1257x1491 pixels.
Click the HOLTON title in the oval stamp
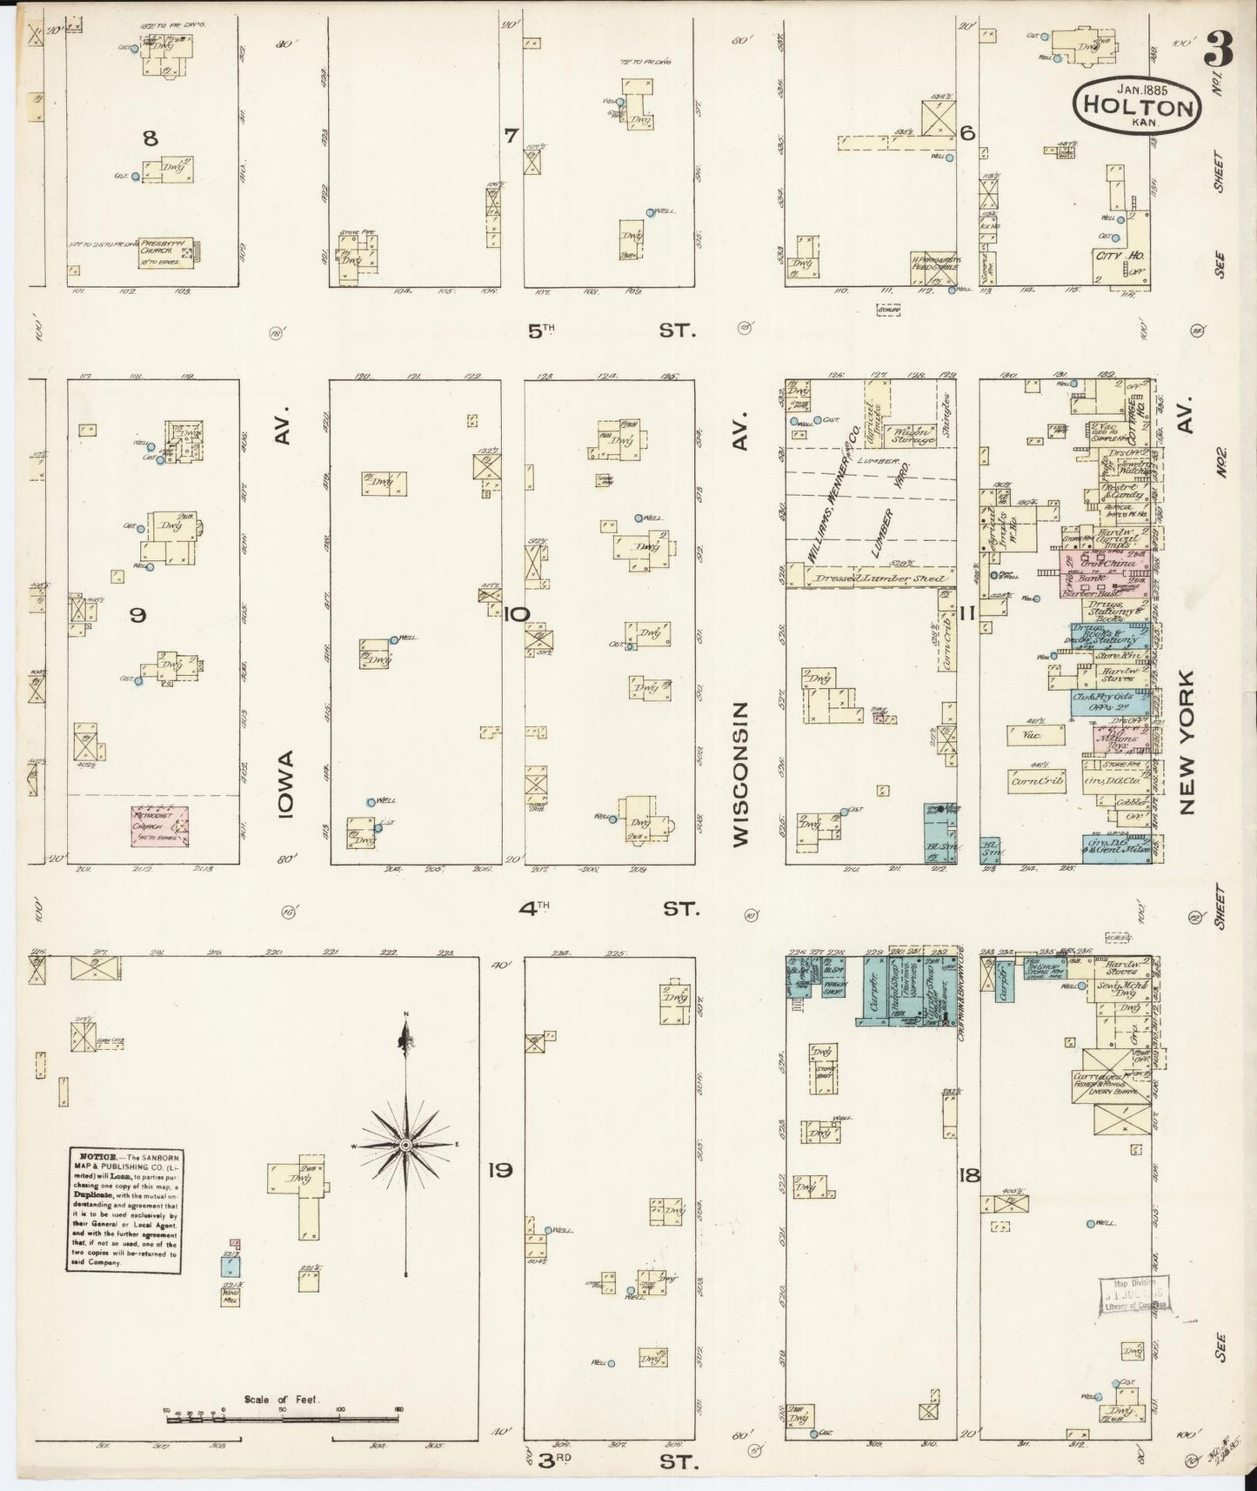pos(1137,108)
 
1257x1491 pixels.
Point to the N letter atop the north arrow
pos(405,1015)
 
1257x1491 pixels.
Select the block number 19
pos(499,1170)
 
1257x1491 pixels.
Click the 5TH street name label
pos(540,330)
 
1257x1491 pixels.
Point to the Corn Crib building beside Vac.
pos(1038,780)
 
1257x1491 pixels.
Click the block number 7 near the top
pos(511,135)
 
